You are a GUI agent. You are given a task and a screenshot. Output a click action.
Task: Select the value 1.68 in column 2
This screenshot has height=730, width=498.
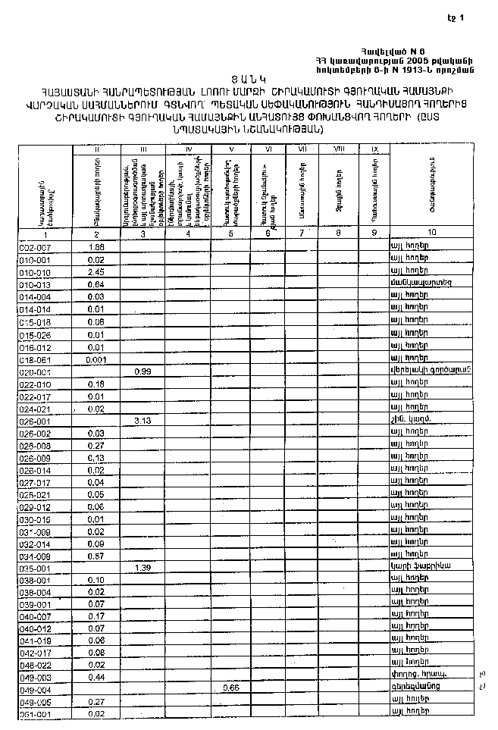coord(96,247)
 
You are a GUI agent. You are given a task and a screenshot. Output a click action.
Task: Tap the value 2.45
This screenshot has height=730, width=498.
coord(96,271)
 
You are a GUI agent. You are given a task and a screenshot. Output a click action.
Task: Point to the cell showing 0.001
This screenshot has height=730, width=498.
coord(96,359)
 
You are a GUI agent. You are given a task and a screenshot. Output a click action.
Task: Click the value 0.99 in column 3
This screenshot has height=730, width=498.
coord(143,371)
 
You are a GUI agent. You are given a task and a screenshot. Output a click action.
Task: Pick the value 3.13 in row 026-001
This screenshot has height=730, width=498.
coord(143,421)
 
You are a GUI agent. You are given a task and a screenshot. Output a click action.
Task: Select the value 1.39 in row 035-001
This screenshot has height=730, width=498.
coord(143,567)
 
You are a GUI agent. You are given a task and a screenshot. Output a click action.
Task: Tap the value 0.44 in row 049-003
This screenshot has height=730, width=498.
coord(96,675)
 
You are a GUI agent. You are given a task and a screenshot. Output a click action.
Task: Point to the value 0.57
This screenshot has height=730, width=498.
coord(96,556)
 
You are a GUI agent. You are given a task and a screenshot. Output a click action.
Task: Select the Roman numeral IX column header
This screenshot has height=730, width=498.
coord(374,149)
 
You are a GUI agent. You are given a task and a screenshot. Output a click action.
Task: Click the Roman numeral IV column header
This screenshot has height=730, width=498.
coord(189,149)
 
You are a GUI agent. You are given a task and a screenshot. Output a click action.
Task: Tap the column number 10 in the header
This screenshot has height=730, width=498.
coord(431,233)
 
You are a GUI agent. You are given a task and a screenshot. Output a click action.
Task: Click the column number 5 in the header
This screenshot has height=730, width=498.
coord(231,233)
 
